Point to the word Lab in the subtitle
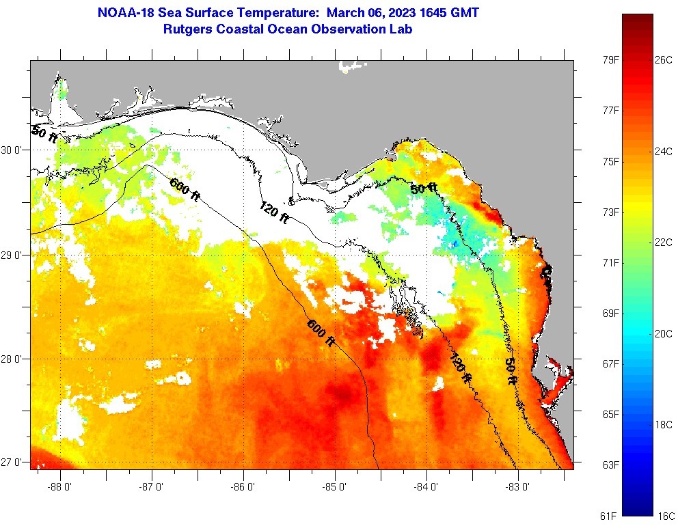pos(401,29)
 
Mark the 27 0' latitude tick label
pos(12,462)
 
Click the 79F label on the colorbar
pos(610,60)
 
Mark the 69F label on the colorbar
pos(610,313)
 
